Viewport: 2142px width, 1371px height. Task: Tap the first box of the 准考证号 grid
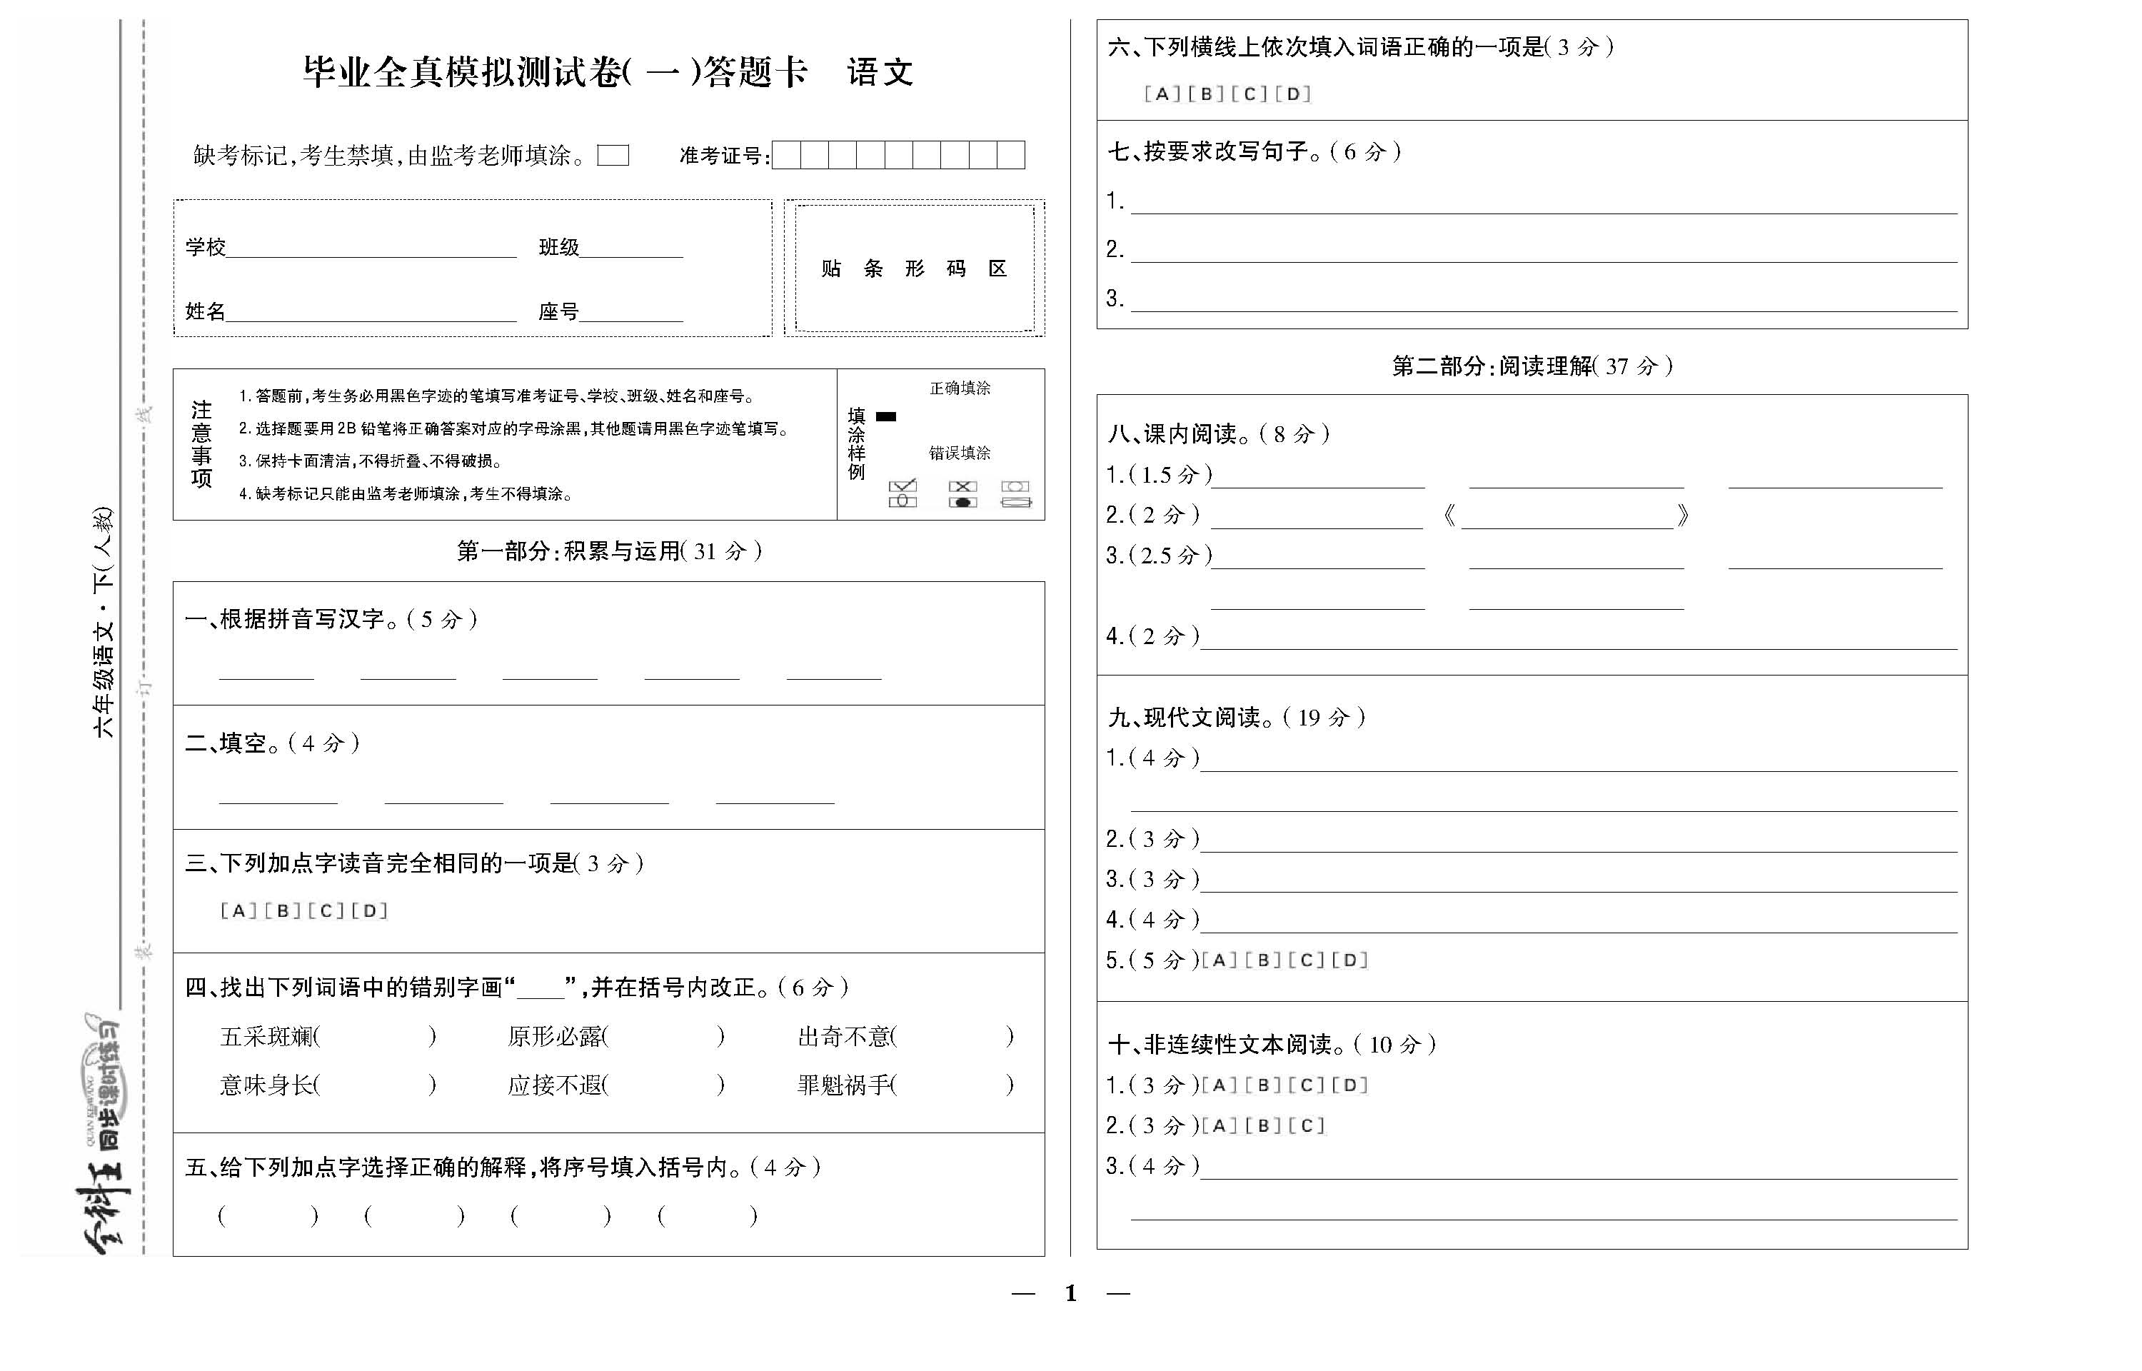(x=787, y=155)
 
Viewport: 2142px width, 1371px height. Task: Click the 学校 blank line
(x=371, y=249)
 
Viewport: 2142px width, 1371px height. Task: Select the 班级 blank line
(x=631, y=249)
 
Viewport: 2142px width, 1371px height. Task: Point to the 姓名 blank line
(x=371, y=313)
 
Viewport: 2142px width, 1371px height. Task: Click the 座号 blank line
(x=631, y=313)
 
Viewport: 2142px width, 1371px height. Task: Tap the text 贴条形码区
(x=914, y=269)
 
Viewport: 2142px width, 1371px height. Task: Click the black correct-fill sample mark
(x=885, y=416)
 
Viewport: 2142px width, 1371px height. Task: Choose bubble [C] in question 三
(x=326, y=910)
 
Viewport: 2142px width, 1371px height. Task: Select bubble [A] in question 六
(x=1162, y=94)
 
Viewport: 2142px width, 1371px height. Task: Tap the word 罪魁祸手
(x=845, y=1085)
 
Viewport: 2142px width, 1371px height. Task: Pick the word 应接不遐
(x=556, y=1085)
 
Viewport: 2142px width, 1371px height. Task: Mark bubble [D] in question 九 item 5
(x=1349, y=960)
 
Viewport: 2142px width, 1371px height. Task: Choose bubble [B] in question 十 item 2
(x=1263, y=1125)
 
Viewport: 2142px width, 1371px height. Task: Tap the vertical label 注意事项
(x=202, y=444)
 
